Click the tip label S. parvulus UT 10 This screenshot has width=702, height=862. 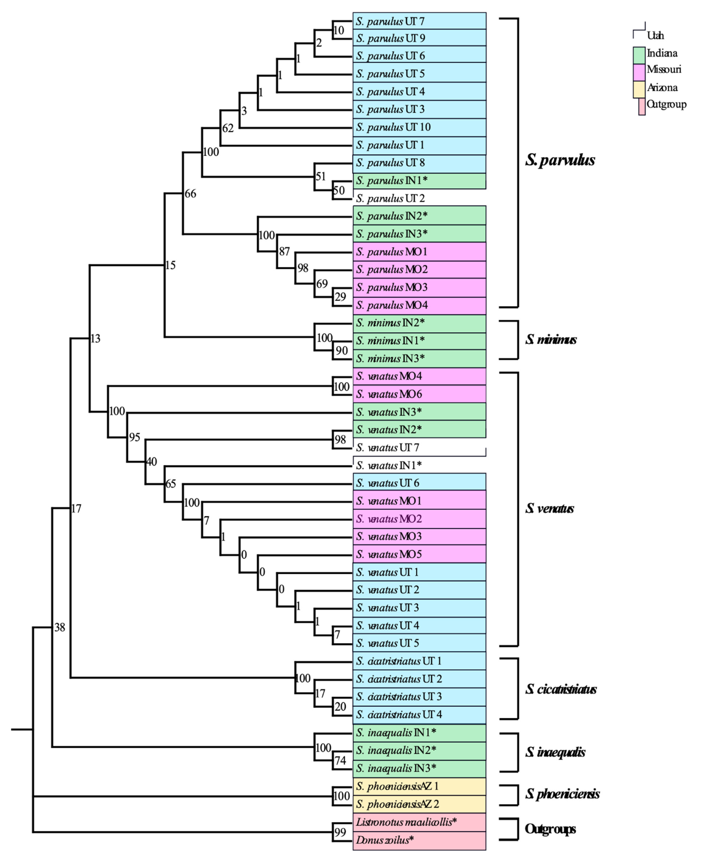pyautogui.click(x=393, y=127)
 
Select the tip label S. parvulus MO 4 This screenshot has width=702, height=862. pyautogui.click(x=391, y=305)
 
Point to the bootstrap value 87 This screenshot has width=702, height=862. pyautogui.click(x=284, y=251)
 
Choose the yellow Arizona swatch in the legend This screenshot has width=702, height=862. pyautogui.click(x=639, y=89)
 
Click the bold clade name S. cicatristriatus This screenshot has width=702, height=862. pyautogui.click(x=561, y=689)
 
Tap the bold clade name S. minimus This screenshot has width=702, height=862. pyautogui.click(x=551, y=340)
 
